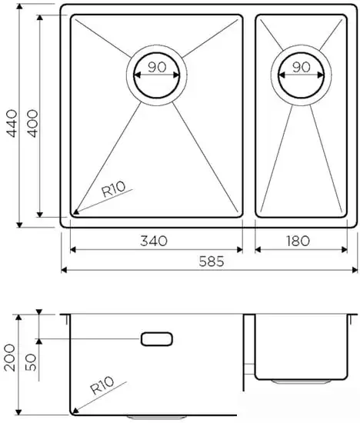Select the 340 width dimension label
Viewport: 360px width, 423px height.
pos(155,241)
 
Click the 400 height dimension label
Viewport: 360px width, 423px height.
pos(33,118)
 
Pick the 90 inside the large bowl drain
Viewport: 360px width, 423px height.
pos(157,67)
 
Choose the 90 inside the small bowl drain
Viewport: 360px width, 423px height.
pos(301,67)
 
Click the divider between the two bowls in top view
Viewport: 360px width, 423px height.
pos(249,115)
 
